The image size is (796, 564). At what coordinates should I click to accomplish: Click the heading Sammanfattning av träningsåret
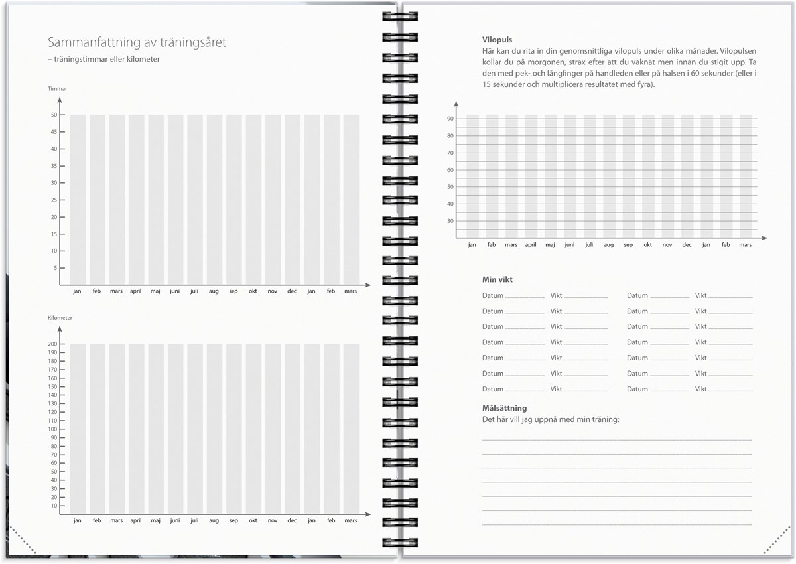(x=137, y=42)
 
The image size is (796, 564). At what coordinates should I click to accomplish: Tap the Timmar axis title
(x=57, y=89)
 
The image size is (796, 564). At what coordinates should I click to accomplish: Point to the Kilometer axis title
(x=60, y=318)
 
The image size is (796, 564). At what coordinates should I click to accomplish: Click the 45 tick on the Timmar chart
(x=54, y=131)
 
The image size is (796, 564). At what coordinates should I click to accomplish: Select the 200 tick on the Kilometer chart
(x=52, y=344)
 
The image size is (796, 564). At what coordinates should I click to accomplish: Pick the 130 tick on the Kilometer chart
(x=52, y=403)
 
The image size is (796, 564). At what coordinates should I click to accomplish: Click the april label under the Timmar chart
(x=135, y=291)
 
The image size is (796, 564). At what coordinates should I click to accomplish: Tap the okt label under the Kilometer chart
(x=253, y=520)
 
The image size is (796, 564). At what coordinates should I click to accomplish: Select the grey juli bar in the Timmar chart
(x=194, y=199)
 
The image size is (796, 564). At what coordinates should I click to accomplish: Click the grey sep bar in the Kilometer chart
(x=233, y=428)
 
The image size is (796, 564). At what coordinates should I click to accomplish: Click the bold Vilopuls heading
(x=497, y=40)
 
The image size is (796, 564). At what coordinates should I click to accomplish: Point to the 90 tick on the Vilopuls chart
(x=450, y=119)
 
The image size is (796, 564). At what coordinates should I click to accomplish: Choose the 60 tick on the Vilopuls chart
(x=450, y=170)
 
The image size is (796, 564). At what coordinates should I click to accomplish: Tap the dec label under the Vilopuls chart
(x=687, y=245)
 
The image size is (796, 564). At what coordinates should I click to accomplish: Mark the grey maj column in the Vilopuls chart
(x=551, y=176)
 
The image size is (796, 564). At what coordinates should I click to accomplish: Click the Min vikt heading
(x=497, y=280)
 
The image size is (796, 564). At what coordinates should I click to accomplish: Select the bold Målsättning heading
(x=504, y=408)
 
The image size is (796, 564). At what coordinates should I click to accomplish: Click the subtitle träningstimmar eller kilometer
(x=103, y=59)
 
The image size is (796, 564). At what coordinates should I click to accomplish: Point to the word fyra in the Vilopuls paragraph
(x=643, y=84)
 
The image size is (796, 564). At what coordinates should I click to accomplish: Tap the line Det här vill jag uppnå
(x=550, y=419)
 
